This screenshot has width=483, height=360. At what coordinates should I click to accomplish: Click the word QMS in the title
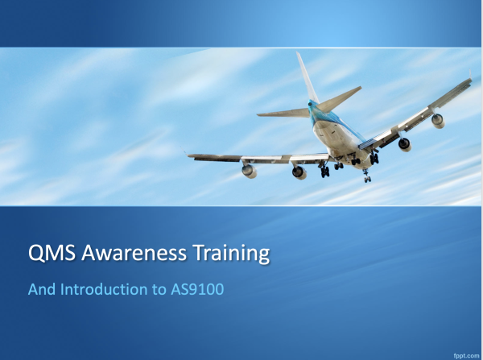51,254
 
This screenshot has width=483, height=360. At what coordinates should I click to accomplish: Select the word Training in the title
229,255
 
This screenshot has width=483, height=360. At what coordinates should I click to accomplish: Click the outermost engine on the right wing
437,120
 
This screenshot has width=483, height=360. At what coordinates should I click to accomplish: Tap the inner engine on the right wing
404,144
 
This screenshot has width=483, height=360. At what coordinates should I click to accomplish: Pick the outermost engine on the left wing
250,170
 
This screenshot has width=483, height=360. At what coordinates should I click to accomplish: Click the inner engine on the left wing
299,172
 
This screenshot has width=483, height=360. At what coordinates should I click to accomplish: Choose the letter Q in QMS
36,254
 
